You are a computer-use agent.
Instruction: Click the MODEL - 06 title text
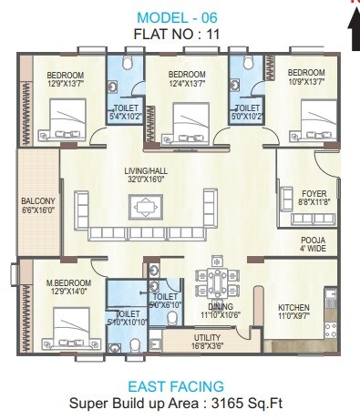pos(180,18)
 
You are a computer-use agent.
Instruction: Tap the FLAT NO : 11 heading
pos(180,35)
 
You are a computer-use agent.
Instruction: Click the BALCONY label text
pos(38,201)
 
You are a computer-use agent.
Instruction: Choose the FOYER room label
pos(313,192)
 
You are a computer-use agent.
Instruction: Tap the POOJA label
pos(313,240)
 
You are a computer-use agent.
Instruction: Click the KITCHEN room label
pos(293,307)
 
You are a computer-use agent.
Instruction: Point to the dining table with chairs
pos(216,281)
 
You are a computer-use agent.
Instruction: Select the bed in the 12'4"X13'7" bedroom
pos(187,117)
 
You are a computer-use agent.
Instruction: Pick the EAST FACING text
pos(176,386)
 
